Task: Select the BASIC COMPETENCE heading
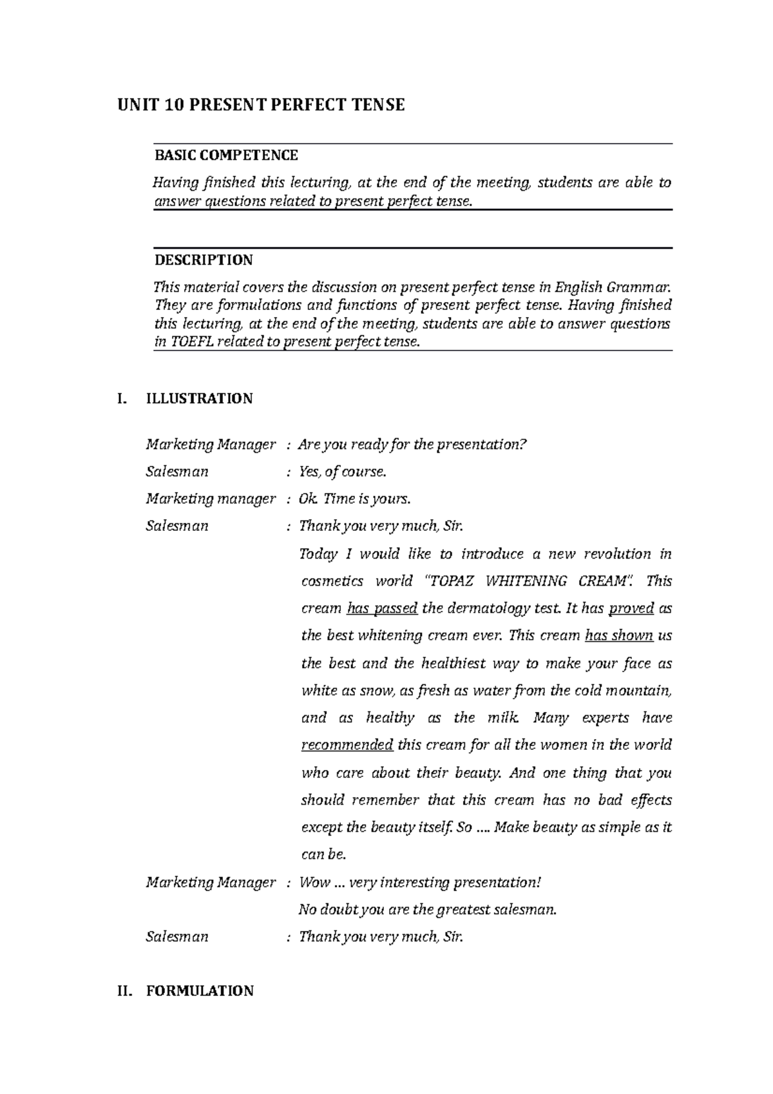[x=225, y=155]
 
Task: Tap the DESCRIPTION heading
[x=203, y=260]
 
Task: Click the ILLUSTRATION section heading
[x=199, y=398]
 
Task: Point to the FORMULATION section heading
[x=199, y=991]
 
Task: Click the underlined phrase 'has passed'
[x=382, y=608]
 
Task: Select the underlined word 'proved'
[x=631, y=608]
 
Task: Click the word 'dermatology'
[x=477, y=608]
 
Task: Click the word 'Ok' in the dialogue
[x=307, y=499]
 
